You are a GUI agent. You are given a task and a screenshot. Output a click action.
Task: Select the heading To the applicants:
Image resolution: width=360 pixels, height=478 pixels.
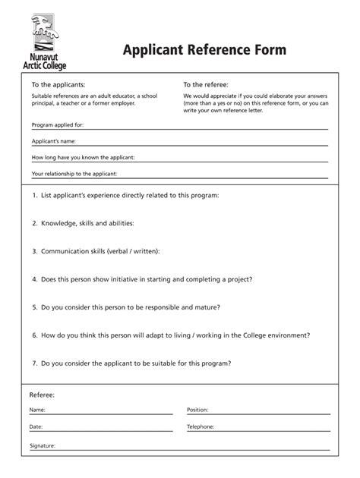pos(58,84)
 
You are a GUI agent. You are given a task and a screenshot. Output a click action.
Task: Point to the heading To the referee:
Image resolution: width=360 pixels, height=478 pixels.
pos(206,84)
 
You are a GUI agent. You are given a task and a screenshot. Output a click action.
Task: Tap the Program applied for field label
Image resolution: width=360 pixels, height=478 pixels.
pos(58,124)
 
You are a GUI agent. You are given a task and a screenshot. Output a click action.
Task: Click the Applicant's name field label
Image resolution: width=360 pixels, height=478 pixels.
pos(53,141)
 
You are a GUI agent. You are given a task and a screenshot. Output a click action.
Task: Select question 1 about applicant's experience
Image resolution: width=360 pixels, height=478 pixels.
pos(125,196)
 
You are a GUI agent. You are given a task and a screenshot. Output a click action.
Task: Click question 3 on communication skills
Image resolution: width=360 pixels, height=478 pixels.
pos(96,251)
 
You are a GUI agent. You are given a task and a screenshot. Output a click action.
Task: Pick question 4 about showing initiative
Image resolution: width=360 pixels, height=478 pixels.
pos(142,278)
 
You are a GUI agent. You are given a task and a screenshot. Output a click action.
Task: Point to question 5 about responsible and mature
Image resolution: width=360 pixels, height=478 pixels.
pos(126,307)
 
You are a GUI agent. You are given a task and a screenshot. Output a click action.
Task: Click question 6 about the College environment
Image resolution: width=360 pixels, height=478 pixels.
pos(171,335)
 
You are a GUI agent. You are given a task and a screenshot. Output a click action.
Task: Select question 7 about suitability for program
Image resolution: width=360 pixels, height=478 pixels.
pos(131,363)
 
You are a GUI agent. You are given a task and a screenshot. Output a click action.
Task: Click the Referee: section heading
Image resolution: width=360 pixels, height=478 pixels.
pos(42,395)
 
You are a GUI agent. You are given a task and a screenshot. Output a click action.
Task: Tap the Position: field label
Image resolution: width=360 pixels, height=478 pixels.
pos(197,410)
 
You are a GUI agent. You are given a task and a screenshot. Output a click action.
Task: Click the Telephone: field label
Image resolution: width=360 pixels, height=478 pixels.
pos(201,427)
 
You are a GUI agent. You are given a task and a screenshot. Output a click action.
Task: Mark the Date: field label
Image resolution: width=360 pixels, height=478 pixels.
pos(36,427)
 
